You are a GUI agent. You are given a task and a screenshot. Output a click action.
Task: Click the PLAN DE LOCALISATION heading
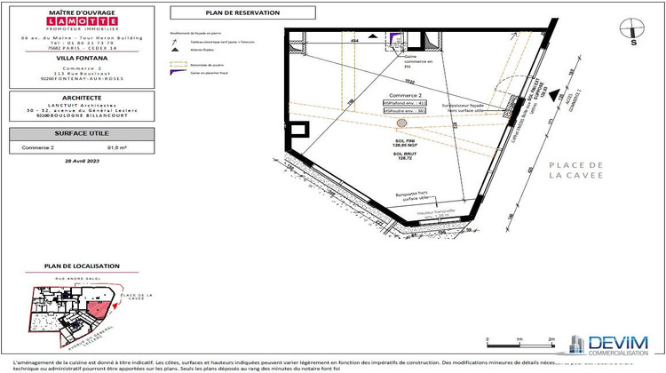(x=76, y=266)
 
